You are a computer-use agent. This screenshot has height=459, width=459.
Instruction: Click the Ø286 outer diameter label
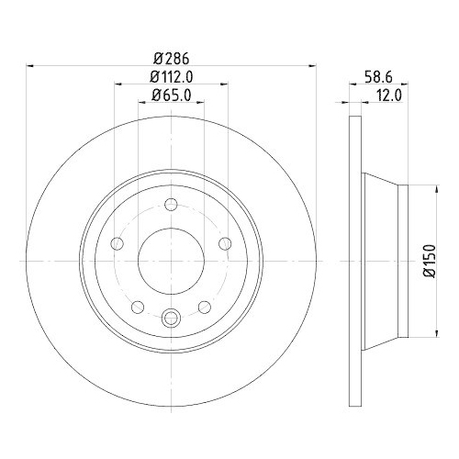coord(172,57)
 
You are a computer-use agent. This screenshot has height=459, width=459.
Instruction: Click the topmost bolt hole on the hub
coord(172,205)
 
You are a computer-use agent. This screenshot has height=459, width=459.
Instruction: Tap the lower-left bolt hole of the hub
coord(138,307)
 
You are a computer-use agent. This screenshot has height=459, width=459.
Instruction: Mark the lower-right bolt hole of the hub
coord(206,307)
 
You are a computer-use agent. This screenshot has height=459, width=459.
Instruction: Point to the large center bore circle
coord(172,261)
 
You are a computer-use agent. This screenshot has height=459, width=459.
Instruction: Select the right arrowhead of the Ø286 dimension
coord(312,65)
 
